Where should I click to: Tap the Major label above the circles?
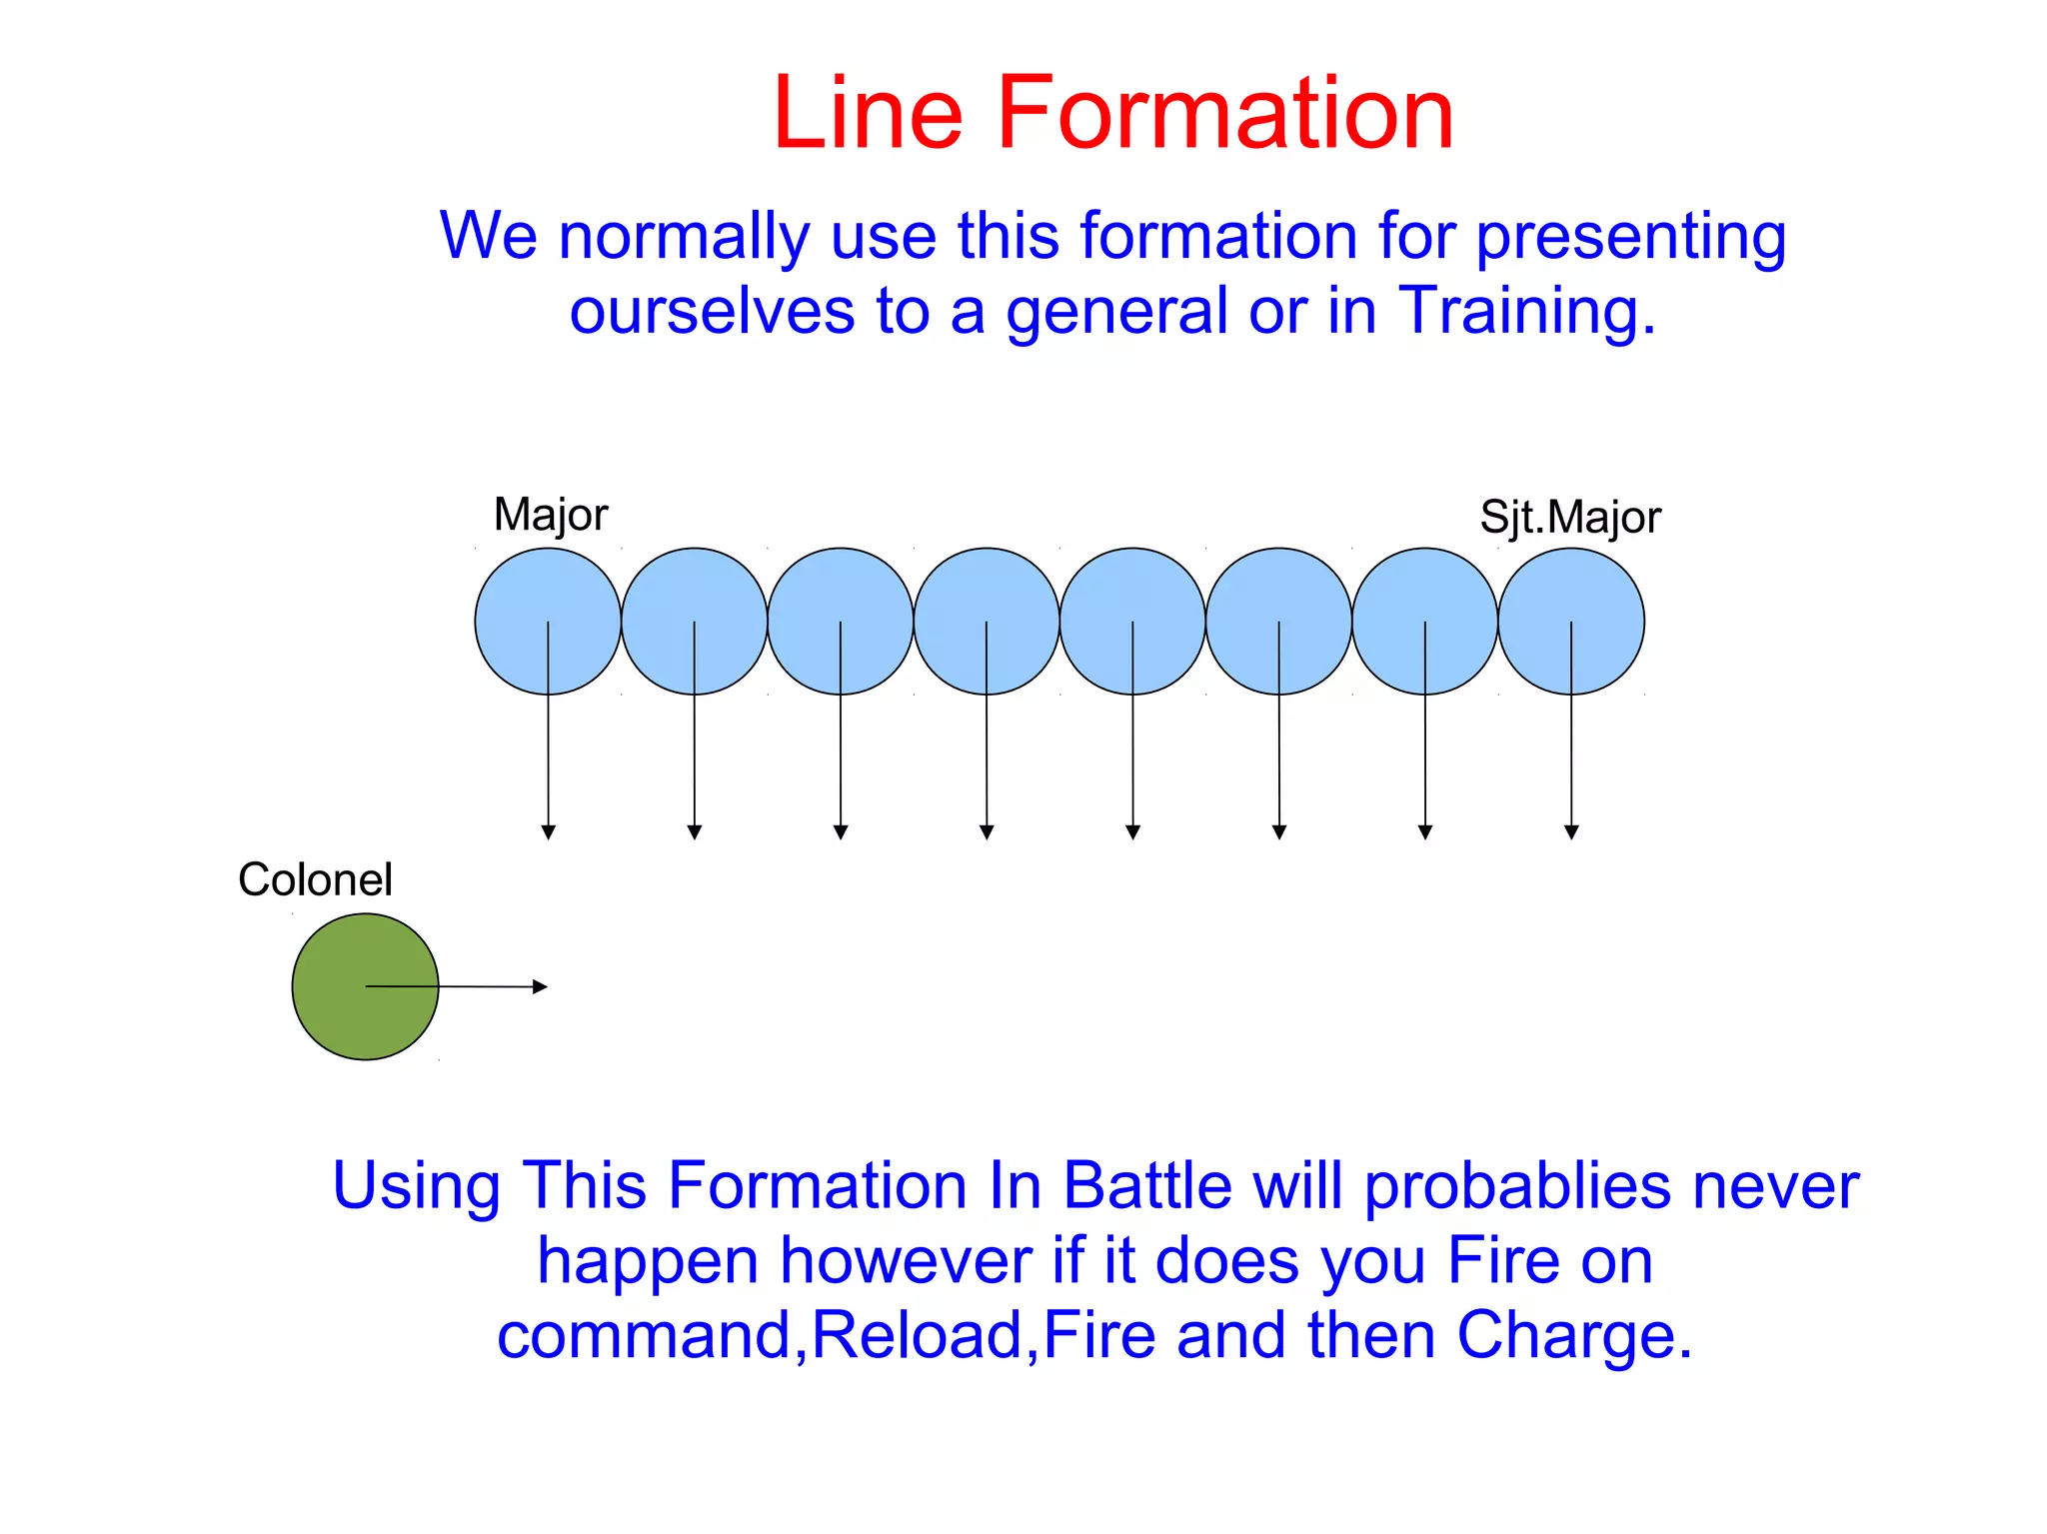(x=550, y=515)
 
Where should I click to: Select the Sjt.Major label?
(x=1569, y=518)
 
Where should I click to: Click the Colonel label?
(x=315, y=879)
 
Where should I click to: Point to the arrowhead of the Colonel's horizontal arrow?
(x=541, y=986)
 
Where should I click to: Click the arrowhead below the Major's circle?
(x=548, y=831)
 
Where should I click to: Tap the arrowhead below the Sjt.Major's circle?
(x=1571, y=831)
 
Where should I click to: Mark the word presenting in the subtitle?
(x=1630, y=238)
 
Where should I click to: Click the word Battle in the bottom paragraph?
(x=1146, y=1186)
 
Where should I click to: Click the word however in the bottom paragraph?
(x=906, y=1260)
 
